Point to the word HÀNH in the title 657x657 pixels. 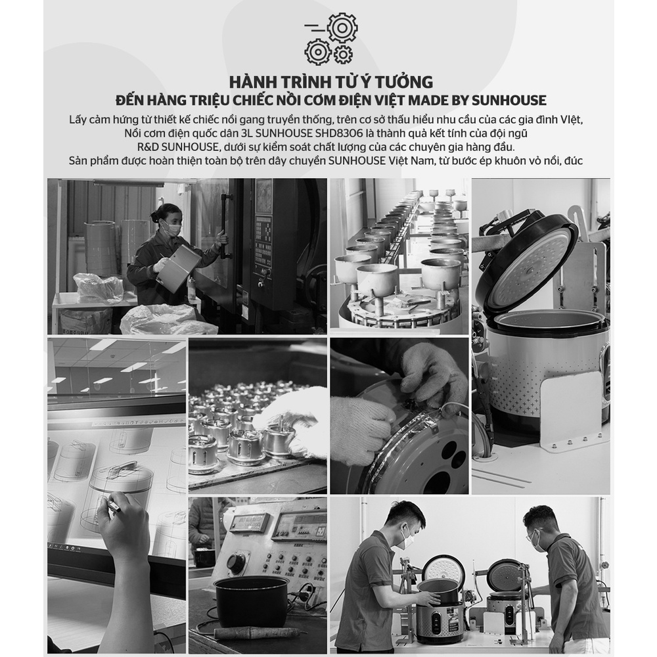tap(253, 82)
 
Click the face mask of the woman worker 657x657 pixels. tap(173, 229)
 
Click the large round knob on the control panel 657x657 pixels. tap(237, 562)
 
